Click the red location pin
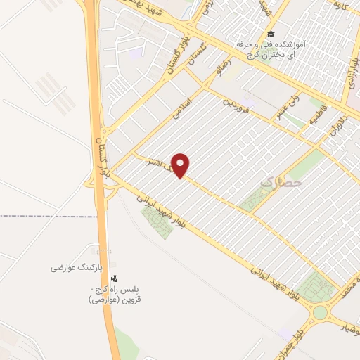pos(181,165)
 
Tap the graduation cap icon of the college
pos(270,34)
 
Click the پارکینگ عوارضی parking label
pos(77,268)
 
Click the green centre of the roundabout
pos(320,311)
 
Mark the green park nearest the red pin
pos(158,221)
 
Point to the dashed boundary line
pos(42,216)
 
